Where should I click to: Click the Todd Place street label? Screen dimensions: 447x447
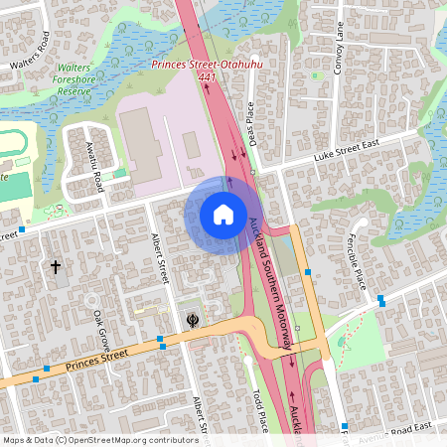pos(259,411)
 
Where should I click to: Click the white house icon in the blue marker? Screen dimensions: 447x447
pos(223,214)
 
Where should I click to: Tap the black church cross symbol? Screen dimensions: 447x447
pos(56,266)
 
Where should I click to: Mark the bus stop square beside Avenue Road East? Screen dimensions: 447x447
pos(345,427)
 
